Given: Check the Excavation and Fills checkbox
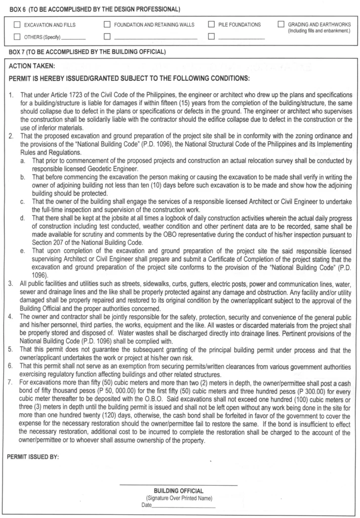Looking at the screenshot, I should [18, 24].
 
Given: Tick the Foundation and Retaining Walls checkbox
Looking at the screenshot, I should [107, 24].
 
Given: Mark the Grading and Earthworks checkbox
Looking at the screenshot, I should [281, 24].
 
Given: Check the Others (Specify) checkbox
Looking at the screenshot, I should [18, 36].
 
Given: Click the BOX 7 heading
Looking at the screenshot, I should [87, 53].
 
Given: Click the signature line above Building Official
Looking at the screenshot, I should [178, 486].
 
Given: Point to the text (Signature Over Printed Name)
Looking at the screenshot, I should [178, 498].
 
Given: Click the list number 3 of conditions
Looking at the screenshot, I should [11, 286].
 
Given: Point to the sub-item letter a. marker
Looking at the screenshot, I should [23, 160].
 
